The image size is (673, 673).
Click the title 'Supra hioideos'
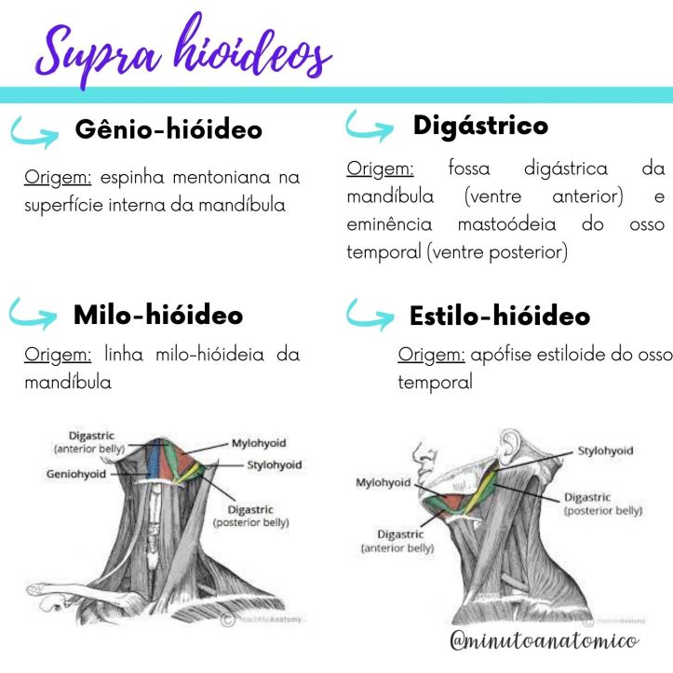[182, 51]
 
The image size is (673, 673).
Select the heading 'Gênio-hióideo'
[168, 130]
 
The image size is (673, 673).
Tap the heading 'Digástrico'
[480, 125]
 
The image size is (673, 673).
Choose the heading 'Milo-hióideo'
[158, 316]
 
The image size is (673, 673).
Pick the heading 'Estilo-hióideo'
[499, 316]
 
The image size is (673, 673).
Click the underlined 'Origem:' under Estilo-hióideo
[431, 355]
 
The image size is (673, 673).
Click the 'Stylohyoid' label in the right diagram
[605, 451]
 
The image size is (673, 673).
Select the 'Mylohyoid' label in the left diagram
[262, 444]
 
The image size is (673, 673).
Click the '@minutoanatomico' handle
[543, 641]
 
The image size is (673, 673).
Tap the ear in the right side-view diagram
[512, 447]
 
